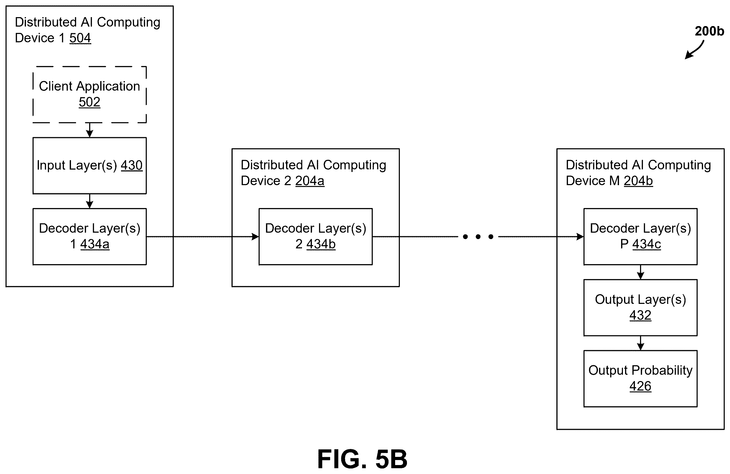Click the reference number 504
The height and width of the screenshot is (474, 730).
(x=80, y=38)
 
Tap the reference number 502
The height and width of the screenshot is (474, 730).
(x=89, y=102)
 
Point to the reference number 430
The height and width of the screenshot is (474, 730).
(x=132, y=165)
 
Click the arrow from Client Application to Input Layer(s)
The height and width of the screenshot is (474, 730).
(x=89, y=130)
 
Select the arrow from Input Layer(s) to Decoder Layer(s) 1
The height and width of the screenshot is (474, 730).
(x=89, y=201)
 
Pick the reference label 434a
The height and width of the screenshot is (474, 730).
(x=95, y=244)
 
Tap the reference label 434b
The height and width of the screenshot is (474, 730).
(x=321, y=244)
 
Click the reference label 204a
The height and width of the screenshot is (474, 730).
(x=310, y=181)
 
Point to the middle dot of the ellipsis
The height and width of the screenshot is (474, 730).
(x=478, y=237)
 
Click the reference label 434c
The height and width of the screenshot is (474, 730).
(x=647, y=244)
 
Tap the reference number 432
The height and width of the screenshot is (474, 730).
(x=641, y=315)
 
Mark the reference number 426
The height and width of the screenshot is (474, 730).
(x=641, y=386)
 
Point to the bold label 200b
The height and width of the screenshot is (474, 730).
(x=709, y=31)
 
